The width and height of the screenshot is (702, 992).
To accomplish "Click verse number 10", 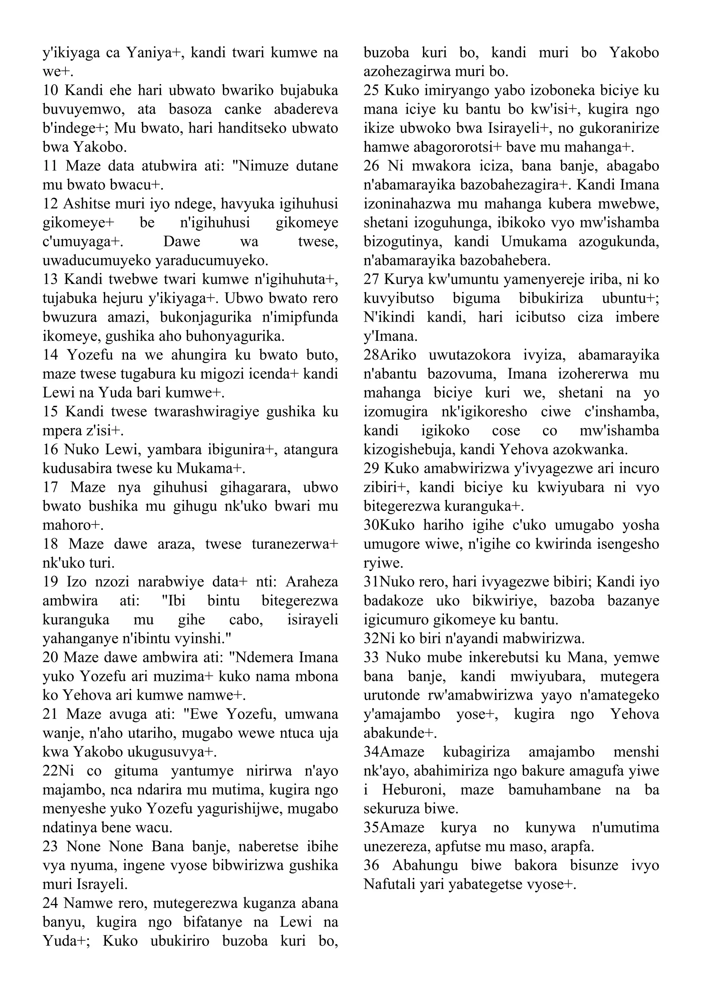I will coord(51,91).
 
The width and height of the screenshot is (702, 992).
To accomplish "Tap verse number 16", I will coord(51,450).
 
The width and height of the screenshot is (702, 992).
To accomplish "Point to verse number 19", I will coord(51,582).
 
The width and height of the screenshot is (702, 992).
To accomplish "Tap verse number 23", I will coord(51,846).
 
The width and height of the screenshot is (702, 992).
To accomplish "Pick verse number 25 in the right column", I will coord(371,91).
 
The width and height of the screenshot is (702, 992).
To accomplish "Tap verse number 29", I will coord(371,468).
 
